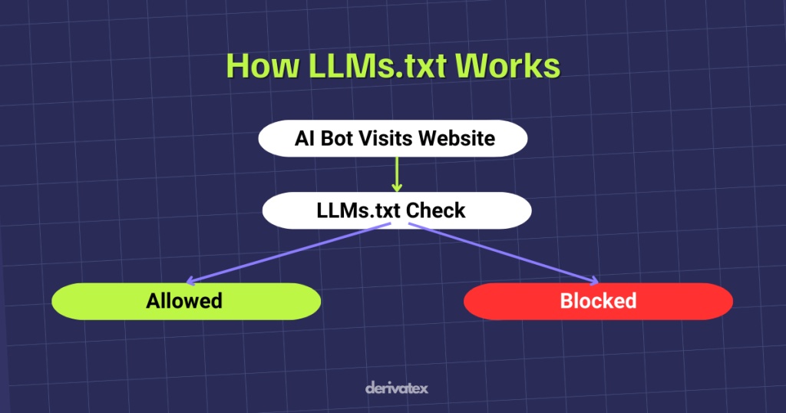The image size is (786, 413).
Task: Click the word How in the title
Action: (261, 66)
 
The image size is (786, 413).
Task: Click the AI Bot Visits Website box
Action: (393, 139)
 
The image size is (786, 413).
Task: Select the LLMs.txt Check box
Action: (396, 210)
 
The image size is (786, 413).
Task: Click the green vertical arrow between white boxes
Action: (397, 172)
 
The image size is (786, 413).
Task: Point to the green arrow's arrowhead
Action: (397, 187)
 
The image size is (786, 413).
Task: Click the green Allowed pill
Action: (185, 300)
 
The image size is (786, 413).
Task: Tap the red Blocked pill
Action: (598, 300)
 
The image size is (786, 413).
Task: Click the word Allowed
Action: (185, 300)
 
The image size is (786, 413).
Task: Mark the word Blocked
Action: (598, 300)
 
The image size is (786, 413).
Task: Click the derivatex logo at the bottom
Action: (396, 388)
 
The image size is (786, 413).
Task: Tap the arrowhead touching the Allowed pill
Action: (192, 282)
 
